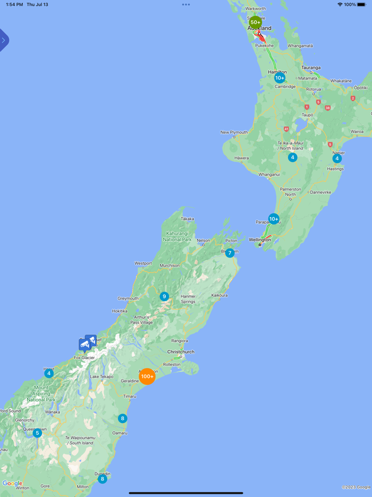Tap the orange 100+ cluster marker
click(x=147, y=376)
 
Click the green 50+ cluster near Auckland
click(x=256, y=22)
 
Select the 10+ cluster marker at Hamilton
click(x=280, y=78)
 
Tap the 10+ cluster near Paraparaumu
click(x=274, y=219)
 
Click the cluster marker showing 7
click(x=230, y=253)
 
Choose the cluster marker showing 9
click(x=164, y=296)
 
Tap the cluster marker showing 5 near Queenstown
click(x=37, y=433)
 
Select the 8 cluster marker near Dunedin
click(x=103, y=479)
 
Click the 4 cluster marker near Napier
click(x=337, y=159)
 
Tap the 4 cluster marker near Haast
click(x=49, y=374)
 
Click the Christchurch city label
click(x=181, y=352)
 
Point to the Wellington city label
click(x=260, y=240)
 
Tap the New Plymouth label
click(x=234, y=132)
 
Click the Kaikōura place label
click(x=219, y=295)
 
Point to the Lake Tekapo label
click(x=101, y=377)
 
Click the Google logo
click(x=12, y=484)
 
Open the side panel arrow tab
click(x=4, y=40)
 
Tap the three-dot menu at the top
click(x=186, y=4)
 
